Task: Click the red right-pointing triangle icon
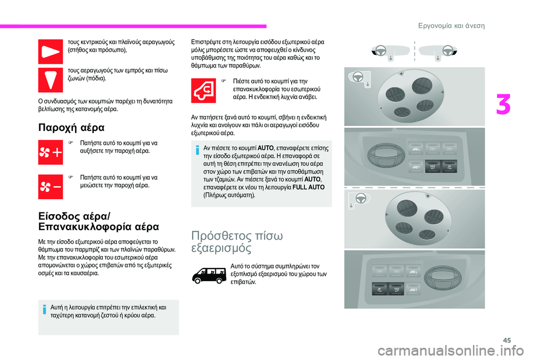coord(51,52)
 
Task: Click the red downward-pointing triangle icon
coord(51,80)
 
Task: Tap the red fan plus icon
coord(51,152)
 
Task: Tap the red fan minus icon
coord(51,187)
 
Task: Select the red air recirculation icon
coord(203,90)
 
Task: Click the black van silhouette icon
coord(209,276)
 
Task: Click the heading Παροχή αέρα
coord(72,128)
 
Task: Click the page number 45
coord(507,340)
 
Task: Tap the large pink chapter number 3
coord(503,105)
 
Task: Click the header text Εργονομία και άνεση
coord(451,26)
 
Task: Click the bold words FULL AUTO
coord(308,187)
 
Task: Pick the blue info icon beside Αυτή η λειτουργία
coord(44,310)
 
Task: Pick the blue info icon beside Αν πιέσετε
coord(197,150)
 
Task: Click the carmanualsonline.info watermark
coord(450,351)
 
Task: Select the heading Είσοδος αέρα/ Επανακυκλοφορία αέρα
coord(99,221)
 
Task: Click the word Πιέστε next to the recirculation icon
coord(241,81)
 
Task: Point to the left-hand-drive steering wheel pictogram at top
coord(381,50)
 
